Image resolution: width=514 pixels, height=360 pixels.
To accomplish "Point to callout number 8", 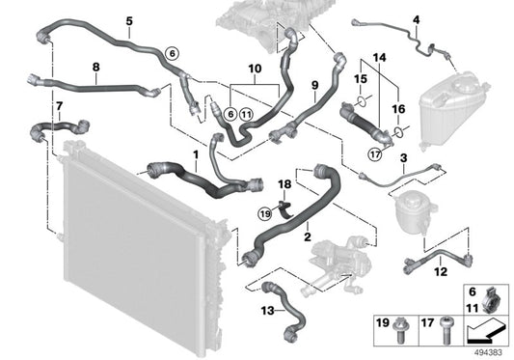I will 95,67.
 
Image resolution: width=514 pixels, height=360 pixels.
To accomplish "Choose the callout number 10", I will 255,69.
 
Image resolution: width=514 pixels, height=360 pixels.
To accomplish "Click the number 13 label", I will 266,310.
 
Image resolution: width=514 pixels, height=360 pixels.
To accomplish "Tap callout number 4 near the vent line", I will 416,19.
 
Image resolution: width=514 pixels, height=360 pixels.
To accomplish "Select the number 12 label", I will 440,273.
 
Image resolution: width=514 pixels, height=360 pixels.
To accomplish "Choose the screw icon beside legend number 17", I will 448,328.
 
